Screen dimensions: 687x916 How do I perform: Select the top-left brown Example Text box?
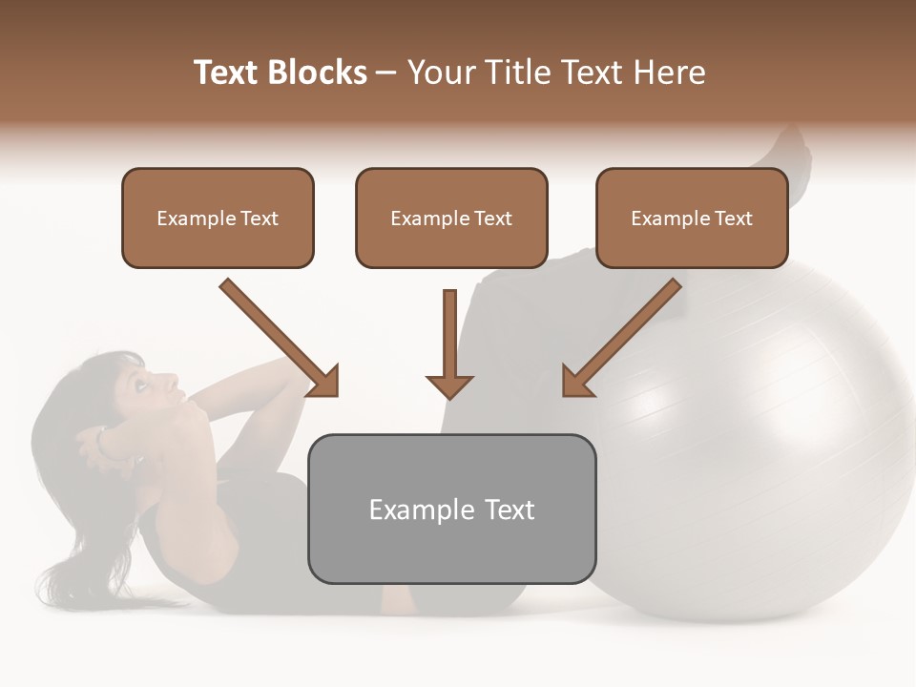pos(218,218)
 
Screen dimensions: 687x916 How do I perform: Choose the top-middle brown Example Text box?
pos(451,218)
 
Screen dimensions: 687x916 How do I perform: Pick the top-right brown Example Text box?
pos(692,218)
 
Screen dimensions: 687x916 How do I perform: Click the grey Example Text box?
pos(451,509)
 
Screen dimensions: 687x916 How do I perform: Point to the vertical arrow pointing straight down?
pos(449,343)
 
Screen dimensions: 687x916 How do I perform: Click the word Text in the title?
pos(229,73)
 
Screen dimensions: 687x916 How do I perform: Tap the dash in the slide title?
pos(386,73)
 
